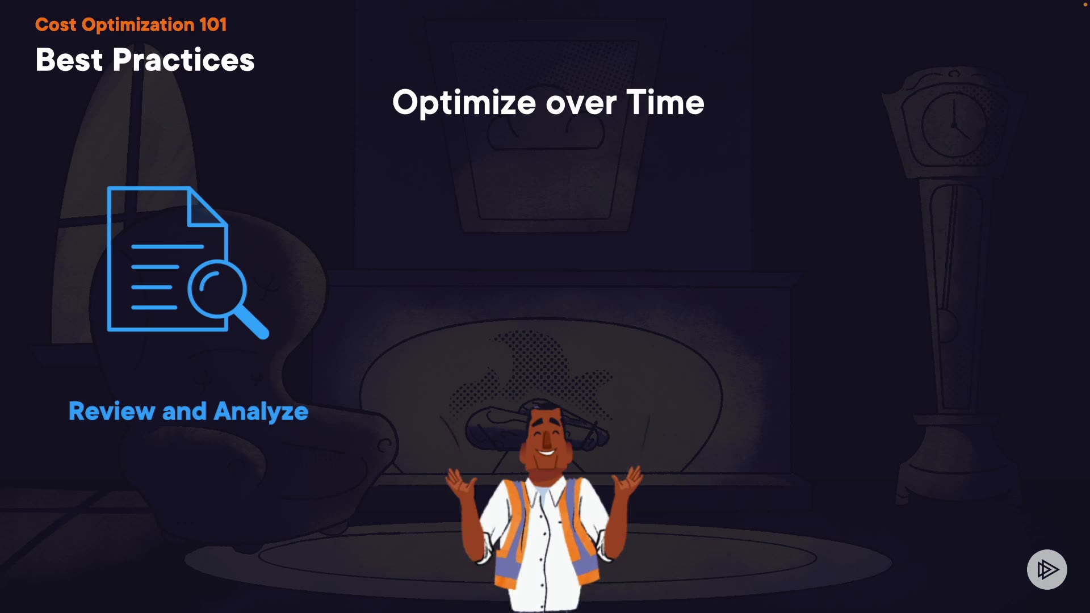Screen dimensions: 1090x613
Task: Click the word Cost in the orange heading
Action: (x=56, y=24)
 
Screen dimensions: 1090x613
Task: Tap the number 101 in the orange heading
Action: (x=213, y=24)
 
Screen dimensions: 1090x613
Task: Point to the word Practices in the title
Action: (x=183, y=60)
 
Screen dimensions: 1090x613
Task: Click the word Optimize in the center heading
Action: (x=464, y=103)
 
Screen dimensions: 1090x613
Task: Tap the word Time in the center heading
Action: (x=665, y=103)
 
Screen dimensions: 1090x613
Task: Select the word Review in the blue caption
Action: (x=112, y=411)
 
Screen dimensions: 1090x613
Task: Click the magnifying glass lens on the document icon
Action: (x=217, y=288)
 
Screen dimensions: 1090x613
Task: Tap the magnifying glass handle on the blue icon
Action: (x=251, y=322)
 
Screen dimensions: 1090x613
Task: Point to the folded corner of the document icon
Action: (x=207, y=207)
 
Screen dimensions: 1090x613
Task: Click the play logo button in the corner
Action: (x=1047, y=569)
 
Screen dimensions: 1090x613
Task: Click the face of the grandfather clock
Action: (x=954, y=125)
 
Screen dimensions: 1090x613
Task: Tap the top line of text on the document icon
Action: (x=167, y=246)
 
